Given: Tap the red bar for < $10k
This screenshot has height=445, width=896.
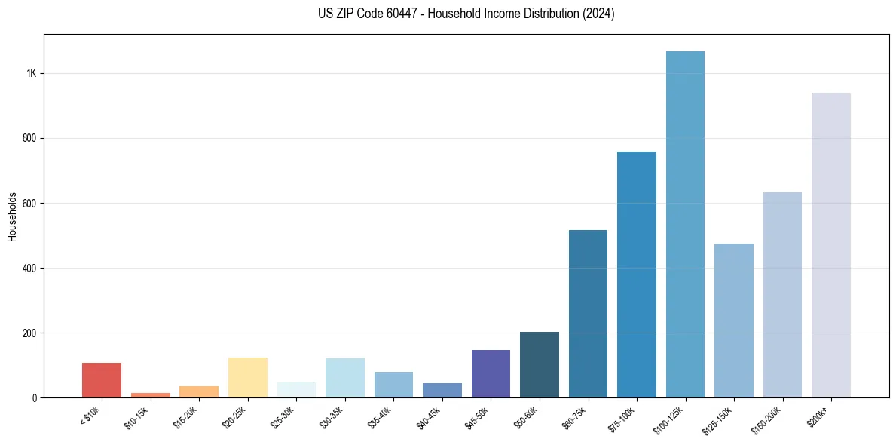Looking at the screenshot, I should click(102, 380).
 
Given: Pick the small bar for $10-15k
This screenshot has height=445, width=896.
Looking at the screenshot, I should click(150, 394).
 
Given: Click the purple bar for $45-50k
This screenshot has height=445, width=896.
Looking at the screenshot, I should click(491, 373).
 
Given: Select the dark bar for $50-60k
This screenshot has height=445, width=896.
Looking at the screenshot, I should click(540, 365).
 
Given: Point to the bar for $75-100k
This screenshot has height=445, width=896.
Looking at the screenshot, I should click(637, 275).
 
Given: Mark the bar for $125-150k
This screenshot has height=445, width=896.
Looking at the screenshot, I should click(734, 321).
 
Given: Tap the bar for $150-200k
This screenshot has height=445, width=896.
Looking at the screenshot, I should click(782, 295).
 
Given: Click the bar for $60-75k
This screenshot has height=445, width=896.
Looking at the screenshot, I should click(588, 314).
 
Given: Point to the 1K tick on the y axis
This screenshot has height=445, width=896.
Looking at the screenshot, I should click(32, 74).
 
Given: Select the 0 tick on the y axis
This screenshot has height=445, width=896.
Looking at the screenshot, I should click(35, 397).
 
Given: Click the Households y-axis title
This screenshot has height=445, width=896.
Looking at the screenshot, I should click(13, 216).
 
